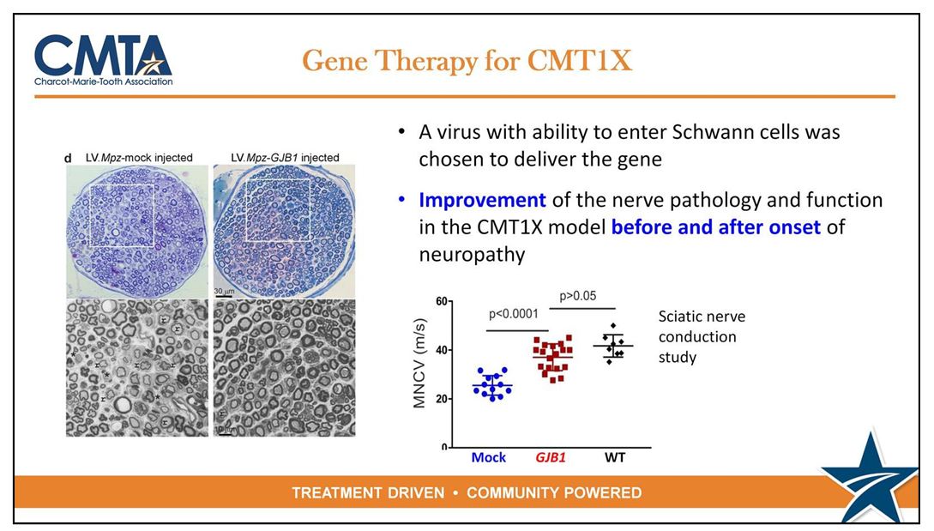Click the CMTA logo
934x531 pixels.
[x=104, y=60]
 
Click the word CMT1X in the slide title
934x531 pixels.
[x=579, y=60]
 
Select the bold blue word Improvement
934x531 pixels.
[x=483, y=200]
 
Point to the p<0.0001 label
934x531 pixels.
[x=514, y=313]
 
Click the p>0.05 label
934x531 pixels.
[x=578, y=296]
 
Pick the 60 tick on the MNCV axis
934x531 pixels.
[x=442, y=301]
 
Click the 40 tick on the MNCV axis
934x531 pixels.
[x=442, y=350]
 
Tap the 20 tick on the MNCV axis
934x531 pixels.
[x=442, y=399]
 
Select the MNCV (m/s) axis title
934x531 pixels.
[x=420, y=364]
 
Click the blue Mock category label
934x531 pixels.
[x=489, y=458]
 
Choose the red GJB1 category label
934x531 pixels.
[x=551, y=458]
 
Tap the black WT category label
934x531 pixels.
[x=615, y=458]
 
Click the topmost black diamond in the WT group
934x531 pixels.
[x=613, y=326]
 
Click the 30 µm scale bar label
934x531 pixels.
[x=224, y=291]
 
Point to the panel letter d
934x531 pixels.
[x=68, y=158]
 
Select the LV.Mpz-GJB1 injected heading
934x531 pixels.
[x=285, y=158]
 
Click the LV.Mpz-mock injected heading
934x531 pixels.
[x=140, y=158]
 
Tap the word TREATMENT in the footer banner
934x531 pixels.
[x=368, y=493]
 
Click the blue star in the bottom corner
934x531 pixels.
[x=871, y=477]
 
